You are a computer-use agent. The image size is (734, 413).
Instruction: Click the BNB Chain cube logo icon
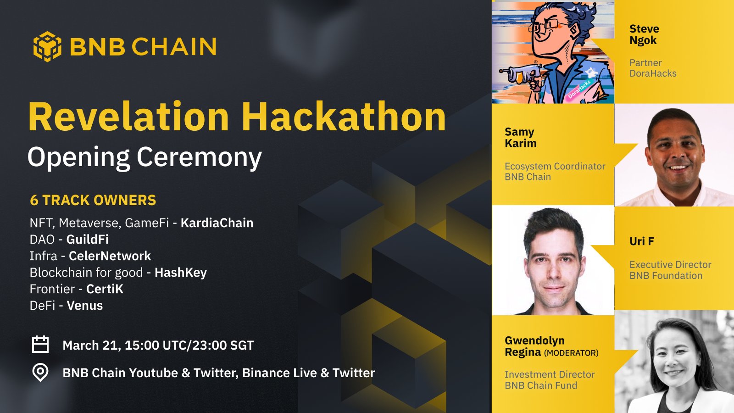47,46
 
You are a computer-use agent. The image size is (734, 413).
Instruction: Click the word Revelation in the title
128,117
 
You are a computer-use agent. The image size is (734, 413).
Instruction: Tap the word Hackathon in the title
344,117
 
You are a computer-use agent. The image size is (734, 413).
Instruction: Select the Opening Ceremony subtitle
145,158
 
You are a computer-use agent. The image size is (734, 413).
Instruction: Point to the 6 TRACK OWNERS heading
93,200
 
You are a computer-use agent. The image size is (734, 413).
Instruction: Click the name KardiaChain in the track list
217,223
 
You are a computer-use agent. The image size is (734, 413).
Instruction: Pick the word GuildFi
88,240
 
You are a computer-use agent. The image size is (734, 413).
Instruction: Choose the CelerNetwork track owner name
110,256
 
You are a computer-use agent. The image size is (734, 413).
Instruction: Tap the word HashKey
181,273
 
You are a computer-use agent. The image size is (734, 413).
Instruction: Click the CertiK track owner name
105,289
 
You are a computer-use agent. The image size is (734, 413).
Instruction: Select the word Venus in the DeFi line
85,306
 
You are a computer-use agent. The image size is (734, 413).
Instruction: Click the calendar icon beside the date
40,344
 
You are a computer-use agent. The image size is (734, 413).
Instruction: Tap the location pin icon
40,372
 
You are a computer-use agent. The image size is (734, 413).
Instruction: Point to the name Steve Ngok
644,35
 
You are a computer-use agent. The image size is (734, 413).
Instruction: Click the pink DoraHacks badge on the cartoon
579,89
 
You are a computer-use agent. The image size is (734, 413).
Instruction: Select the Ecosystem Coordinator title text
555,166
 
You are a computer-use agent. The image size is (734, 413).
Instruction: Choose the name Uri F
642,241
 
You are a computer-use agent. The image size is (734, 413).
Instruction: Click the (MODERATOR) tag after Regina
571,353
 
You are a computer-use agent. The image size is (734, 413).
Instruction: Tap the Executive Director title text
670,264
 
